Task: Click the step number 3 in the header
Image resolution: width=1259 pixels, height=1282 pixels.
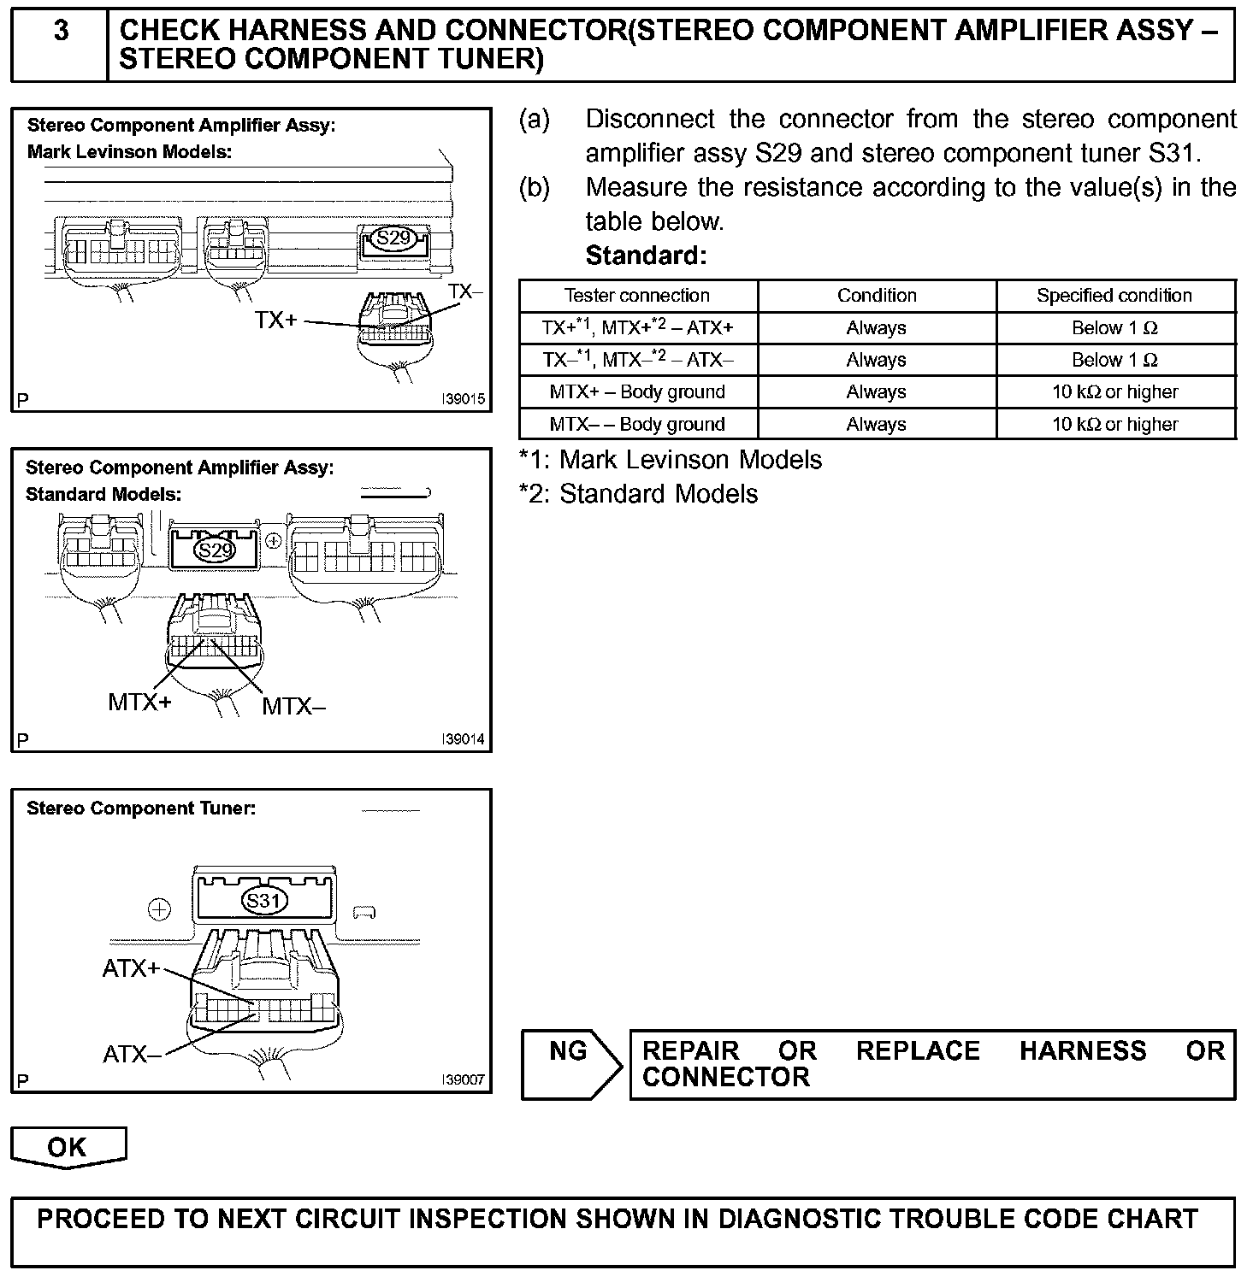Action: pyautogui.click(x=61, y=32)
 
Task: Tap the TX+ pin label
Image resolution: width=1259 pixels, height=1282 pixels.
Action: pyautogui.click(x=275, y=320)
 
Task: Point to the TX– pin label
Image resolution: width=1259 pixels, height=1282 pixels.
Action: pyautogui.click(x=465, y=291)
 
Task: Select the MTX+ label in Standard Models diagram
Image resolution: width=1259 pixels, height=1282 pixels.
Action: pyautogui.click(x=139, y=703)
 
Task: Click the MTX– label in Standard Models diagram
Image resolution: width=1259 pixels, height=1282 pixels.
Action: pyautogui.click(x=293, y=707)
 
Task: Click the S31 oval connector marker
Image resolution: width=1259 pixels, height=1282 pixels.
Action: pyautogui.click(x=265, y=901)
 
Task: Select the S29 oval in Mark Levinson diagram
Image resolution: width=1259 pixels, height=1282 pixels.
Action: pyautogui.click(x=393, y=238)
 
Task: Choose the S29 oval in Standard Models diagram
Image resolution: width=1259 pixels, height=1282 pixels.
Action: pyautogui.click(x=215, y=550)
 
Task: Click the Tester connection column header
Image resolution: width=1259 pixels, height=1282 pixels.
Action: pyautogui.click(x=637, y=296)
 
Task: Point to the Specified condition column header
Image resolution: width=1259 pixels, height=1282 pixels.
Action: pyautogui.click(x=1114, y=296)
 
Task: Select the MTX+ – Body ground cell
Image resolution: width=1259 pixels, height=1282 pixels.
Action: pyautogui.click(x=637, y=392)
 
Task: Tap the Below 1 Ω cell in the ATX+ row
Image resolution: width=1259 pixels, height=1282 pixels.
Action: pyautogui.click(x=1114, y=328)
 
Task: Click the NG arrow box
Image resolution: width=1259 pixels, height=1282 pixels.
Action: pyautogui.click(x=570, y=1063)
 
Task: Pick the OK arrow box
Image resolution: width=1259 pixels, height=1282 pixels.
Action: pyautogui.click(x=68, y=1147)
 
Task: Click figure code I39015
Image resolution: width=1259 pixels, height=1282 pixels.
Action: pyautogui.click(x=464, y=399)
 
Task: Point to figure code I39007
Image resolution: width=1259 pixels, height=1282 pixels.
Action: pyautogui.click(x=464, y=1080)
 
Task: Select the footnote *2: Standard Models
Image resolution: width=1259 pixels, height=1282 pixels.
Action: pyautogui.click(x=638, y=494)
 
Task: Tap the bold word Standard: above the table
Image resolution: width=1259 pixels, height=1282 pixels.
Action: pyautogui.click(x=646, y=256)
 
